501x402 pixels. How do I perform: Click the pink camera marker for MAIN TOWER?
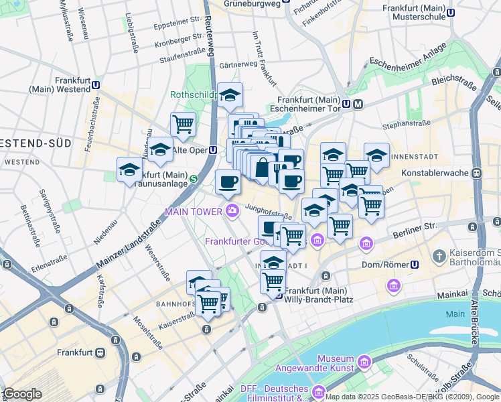point(232,211)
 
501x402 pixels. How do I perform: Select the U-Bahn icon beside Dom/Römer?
point(415,265)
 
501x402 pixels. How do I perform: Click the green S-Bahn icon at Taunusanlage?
point(193,179)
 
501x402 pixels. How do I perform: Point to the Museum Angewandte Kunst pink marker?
point(364,362)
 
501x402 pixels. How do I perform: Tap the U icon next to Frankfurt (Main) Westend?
point(96,85)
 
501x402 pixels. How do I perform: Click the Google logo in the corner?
point(23,394)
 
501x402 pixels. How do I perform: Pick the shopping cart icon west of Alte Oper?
point(183,124)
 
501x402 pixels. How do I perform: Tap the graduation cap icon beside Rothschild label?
point(230,95)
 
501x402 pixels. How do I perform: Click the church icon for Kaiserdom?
point(439,256)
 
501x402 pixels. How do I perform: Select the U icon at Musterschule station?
point(451,11)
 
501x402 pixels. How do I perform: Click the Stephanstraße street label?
point(405,125)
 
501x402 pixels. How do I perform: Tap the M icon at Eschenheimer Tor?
point(358,104)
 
